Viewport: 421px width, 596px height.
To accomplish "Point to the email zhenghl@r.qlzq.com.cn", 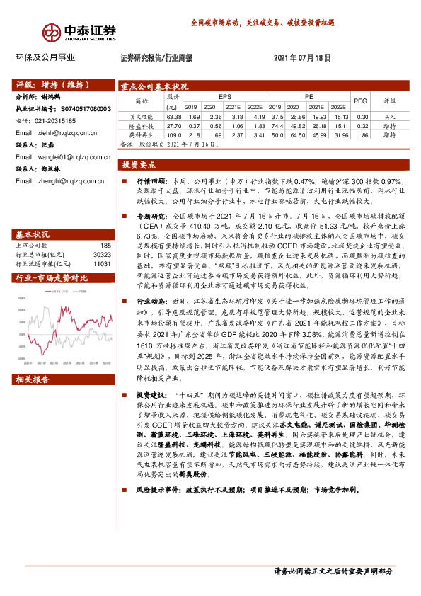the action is tap(70, 181).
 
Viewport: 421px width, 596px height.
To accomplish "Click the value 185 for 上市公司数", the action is tap(106, 225).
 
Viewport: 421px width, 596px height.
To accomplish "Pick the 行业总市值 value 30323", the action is tap(102, 234).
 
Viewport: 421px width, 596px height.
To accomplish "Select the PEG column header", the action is tap(360, 101).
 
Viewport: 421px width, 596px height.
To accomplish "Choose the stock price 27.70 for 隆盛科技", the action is tap(173, 125).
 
